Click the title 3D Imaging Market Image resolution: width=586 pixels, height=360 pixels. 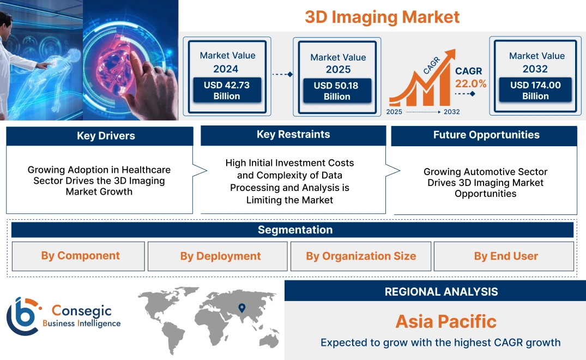click(382, 17)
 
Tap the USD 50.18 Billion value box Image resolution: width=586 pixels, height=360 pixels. click(337, 91)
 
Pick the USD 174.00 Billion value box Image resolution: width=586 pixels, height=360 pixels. click(535, 91)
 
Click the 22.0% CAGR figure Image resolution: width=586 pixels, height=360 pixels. click(470, 83)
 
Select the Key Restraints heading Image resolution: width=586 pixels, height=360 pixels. click(293, 135)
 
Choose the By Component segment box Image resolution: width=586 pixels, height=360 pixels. click(80, 256)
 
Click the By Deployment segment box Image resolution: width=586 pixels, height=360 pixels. click(220, 256)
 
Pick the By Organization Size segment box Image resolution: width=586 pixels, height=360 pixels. click(361, 256)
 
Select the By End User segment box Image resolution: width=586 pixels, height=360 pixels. click(506, 256)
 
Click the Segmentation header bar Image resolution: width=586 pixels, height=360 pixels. click(295, 230)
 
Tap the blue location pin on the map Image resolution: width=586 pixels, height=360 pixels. click(242, 309)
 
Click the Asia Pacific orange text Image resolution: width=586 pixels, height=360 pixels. click(446, 321)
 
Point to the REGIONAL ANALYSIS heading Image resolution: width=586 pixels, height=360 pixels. click(441, 292)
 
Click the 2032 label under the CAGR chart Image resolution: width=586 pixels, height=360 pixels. click(451, 112)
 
